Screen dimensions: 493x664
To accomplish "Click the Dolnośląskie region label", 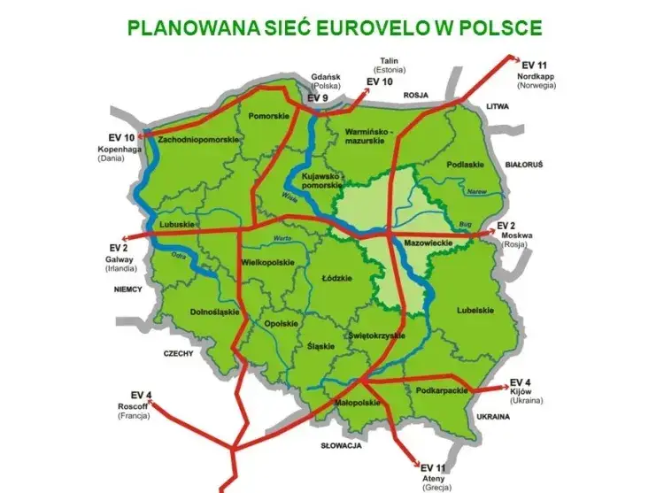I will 214,312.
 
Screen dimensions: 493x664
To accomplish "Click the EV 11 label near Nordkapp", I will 535,65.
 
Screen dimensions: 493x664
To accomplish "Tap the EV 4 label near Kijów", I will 521,382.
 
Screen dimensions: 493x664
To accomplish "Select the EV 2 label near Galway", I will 120,248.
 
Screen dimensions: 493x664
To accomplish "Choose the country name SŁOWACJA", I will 341,446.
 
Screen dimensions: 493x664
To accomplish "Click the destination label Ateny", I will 433,478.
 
